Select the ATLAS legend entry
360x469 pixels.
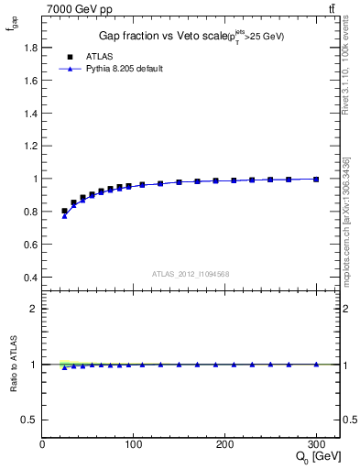point(101,55)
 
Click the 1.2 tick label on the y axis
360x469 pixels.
point(30,146)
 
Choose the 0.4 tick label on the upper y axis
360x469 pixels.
point(30,278)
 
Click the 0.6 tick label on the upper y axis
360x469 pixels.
point(30,245)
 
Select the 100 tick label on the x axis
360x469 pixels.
point(133,444)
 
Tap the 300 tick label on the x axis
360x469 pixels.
point(316,444)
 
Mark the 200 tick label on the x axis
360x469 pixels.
point(224,444)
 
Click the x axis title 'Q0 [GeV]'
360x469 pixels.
point(317,458)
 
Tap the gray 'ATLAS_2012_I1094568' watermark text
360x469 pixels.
point(190,273)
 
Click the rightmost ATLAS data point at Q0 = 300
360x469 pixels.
point(316,180)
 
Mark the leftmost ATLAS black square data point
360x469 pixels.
point(64,211)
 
